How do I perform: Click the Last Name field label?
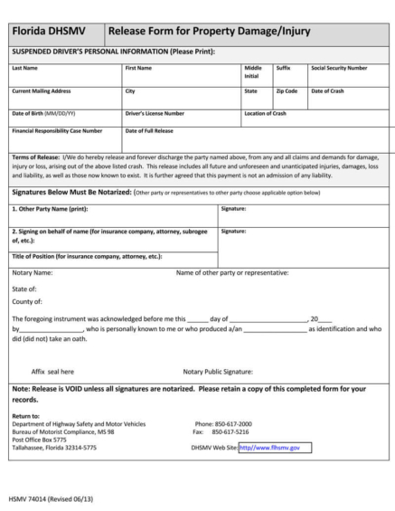pyautogui.click(x=25, y=68)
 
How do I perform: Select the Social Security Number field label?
pyautogui.click(x=338, y=68)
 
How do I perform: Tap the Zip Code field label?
pyautogui.click(x=287, y=91)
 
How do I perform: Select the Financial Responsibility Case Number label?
pyautogui.click(x=57, y=131)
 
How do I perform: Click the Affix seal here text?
pyautogui.click(x=53, y=371)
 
